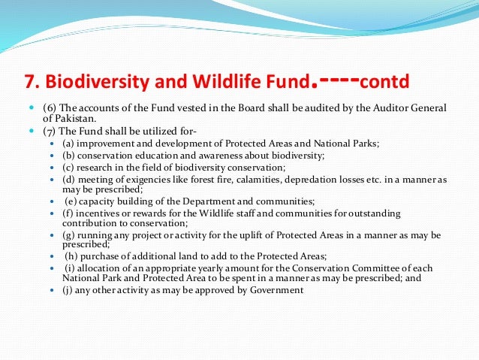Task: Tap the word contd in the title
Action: click(x=386, y=80)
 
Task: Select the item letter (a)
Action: click(x=68, y=144)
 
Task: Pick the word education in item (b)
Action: click(x=154, y=156)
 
